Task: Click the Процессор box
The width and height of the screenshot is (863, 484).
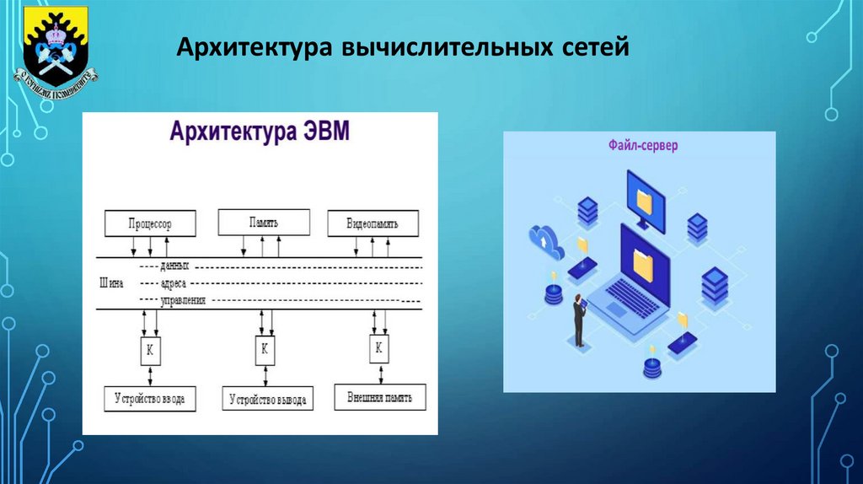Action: [x=150, y=223]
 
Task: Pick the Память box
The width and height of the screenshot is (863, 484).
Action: [x=264, y=223]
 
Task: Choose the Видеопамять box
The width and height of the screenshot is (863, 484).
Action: [x=372, y=224]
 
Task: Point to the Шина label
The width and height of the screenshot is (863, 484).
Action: [x=111, y=283]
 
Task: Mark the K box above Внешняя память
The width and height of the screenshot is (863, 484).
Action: [x=378, y=347]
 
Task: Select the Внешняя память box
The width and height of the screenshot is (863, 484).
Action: [x=379, y=396]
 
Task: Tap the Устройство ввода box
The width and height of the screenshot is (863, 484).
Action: [x=150, y=398]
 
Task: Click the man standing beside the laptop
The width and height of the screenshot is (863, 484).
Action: [x=580, y=320]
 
